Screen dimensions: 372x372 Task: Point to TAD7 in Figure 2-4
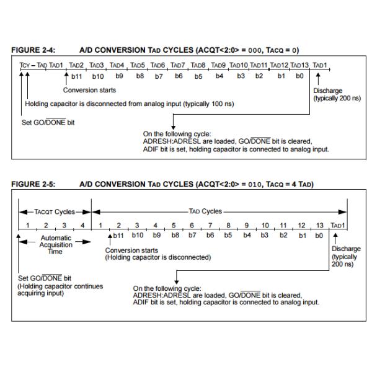pyautogui.click(x=178, y=64)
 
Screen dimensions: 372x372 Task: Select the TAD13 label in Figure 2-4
pyautogui.click(x=299, y=64)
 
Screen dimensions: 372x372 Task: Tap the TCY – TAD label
pyautogui.click(x=33, y=64)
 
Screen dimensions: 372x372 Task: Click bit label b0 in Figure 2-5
pyautogui.click(x=319, y=236)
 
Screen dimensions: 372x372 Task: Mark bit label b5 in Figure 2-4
pyautogui.click(x=198, y=77)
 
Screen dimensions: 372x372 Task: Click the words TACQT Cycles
pyautogui.click(x=55, y=212)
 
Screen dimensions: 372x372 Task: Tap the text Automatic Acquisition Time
pyautogui.click(x=56, y=244)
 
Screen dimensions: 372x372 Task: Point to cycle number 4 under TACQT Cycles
pyautogui.click(x=82, y=225)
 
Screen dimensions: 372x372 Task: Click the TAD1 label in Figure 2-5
pyautogui.click(x=338, y=225)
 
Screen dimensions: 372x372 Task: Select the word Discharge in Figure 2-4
pyautogui.click(x=327, y=91)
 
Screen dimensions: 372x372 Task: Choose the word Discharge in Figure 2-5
pyautogui.click(x=345, y=249)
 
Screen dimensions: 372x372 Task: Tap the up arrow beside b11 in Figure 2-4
pyautogui.click(x=67, y=77)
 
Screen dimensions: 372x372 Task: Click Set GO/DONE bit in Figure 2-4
pyautogui.click(x=48, y=122)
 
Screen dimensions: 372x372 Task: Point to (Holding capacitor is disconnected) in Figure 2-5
pyautogui.click(x=158, y=257)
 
